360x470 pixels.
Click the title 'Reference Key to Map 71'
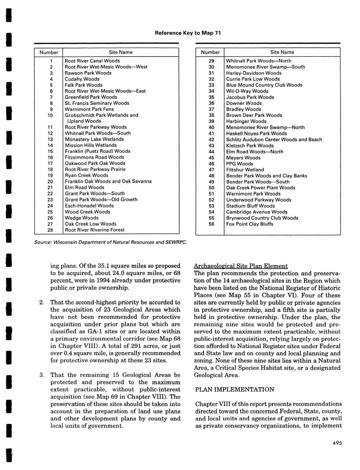pos(188,33)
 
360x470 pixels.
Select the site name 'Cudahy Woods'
pos(82,79)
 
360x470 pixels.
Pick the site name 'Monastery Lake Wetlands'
pos(94,139)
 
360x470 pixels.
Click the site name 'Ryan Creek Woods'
pos(87,175)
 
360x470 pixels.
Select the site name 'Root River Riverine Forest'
pos(95,230)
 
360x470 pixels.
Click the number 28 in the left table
pos(50,230)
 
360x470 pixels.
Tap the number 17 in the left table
pos(50,163)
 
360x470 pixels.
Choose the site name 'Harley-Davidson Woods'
pos(254,73)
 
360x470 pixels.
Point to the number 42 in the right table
pos(211,139)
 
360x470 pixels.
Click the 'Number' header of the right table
pos(210,52)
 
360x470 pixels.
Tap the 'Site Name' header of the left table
pos(121,52)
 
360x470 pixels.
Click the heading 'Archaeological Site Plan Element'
pos(241,266)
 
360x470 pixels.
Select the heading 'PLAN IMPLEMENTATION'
pos(234,389)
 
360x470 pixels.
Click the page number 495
pos(337,443)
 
